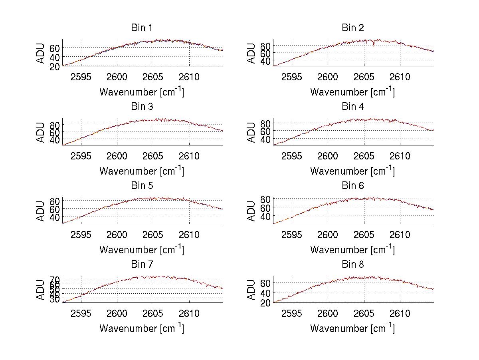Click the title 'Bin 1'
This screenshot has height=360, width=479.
coord(142,28)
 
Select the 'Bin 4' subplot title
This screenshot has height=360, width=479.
coord(353,107)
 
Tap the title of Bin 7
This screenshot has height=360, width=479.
coord(142,265)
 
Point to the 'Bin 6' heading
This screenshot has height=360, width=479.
coord(353,186)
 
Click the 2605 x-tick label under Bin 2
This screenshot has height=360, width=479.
coord(364,77)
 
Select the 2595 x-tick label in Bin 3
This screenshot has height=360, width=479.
coord(81,156)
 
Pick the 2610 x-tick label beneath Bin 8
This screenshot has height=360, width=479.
coord(400,314)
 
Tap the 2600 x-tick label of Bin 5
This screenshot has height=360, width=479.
coord(117,235)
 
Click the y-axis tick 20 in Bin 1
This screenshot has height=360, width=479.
coord(55,66)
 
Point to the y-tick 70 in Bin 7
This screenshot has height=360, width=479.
coord(55,279)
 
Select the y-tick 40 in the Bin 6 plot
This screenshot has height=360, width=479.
coord(265,217)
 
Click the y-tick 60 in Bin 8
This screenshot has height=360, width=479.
coord(265,283)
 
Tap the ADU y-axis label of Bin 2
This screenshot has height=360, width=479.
coord(251,53)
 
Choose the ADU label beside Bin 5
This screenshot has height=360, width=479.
coord(40,211)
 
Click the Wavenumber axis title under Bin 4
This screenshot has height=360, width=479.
coord(353,171)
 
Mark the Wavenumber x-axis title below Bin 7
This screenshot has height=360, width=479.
coord(142,328)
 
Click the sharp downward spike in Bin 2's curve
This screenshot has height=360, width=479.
coord(374,45)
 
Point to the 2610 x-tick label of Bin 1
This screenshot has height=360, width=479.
coord(189,77)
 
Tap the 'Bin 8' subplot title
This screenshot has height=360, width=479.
coord(353,265)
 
